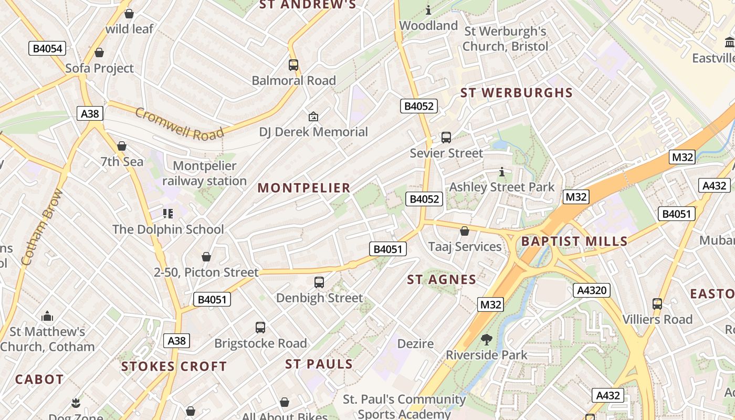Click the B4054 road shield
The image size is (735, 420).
[47, 49]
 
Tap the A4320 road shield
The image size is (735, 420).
[591, 290]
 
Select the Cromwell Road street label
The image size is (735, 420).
[179, 124]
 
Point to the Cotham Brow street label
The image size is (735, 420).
[42, 227]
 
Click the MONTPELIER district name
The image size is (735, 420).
[304, 188]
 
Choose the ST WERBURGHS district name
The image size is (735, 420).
[516, 93]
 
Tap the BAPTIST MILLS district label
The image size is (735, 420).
[574, 241]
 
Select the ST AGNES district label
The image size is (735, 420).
[442, 280]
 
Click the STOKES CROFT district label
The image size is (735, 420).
[174, 366]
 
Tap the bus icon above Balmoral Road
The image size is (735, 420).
[293, 65]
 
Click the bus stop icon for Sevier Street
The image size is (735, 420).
[446, 138]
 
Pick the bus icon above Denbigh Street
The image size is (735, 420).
[319, 282]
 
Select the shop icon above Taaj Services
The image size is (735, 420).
[465, 231]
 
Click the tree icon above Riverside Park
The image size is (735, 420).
[487, 340]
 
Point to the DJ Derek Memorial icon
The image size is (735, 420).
[313, 117]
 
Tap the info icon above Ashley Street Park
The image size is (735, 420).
[502, 172]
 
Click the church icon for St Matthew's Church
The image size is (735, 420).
[47, 316]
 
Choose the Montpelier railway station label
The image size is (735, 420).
[204, 173]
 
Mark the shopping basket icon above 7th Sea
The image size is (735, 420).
[122, 146]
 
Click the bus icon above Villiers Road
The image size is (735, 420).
[657, 303]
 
